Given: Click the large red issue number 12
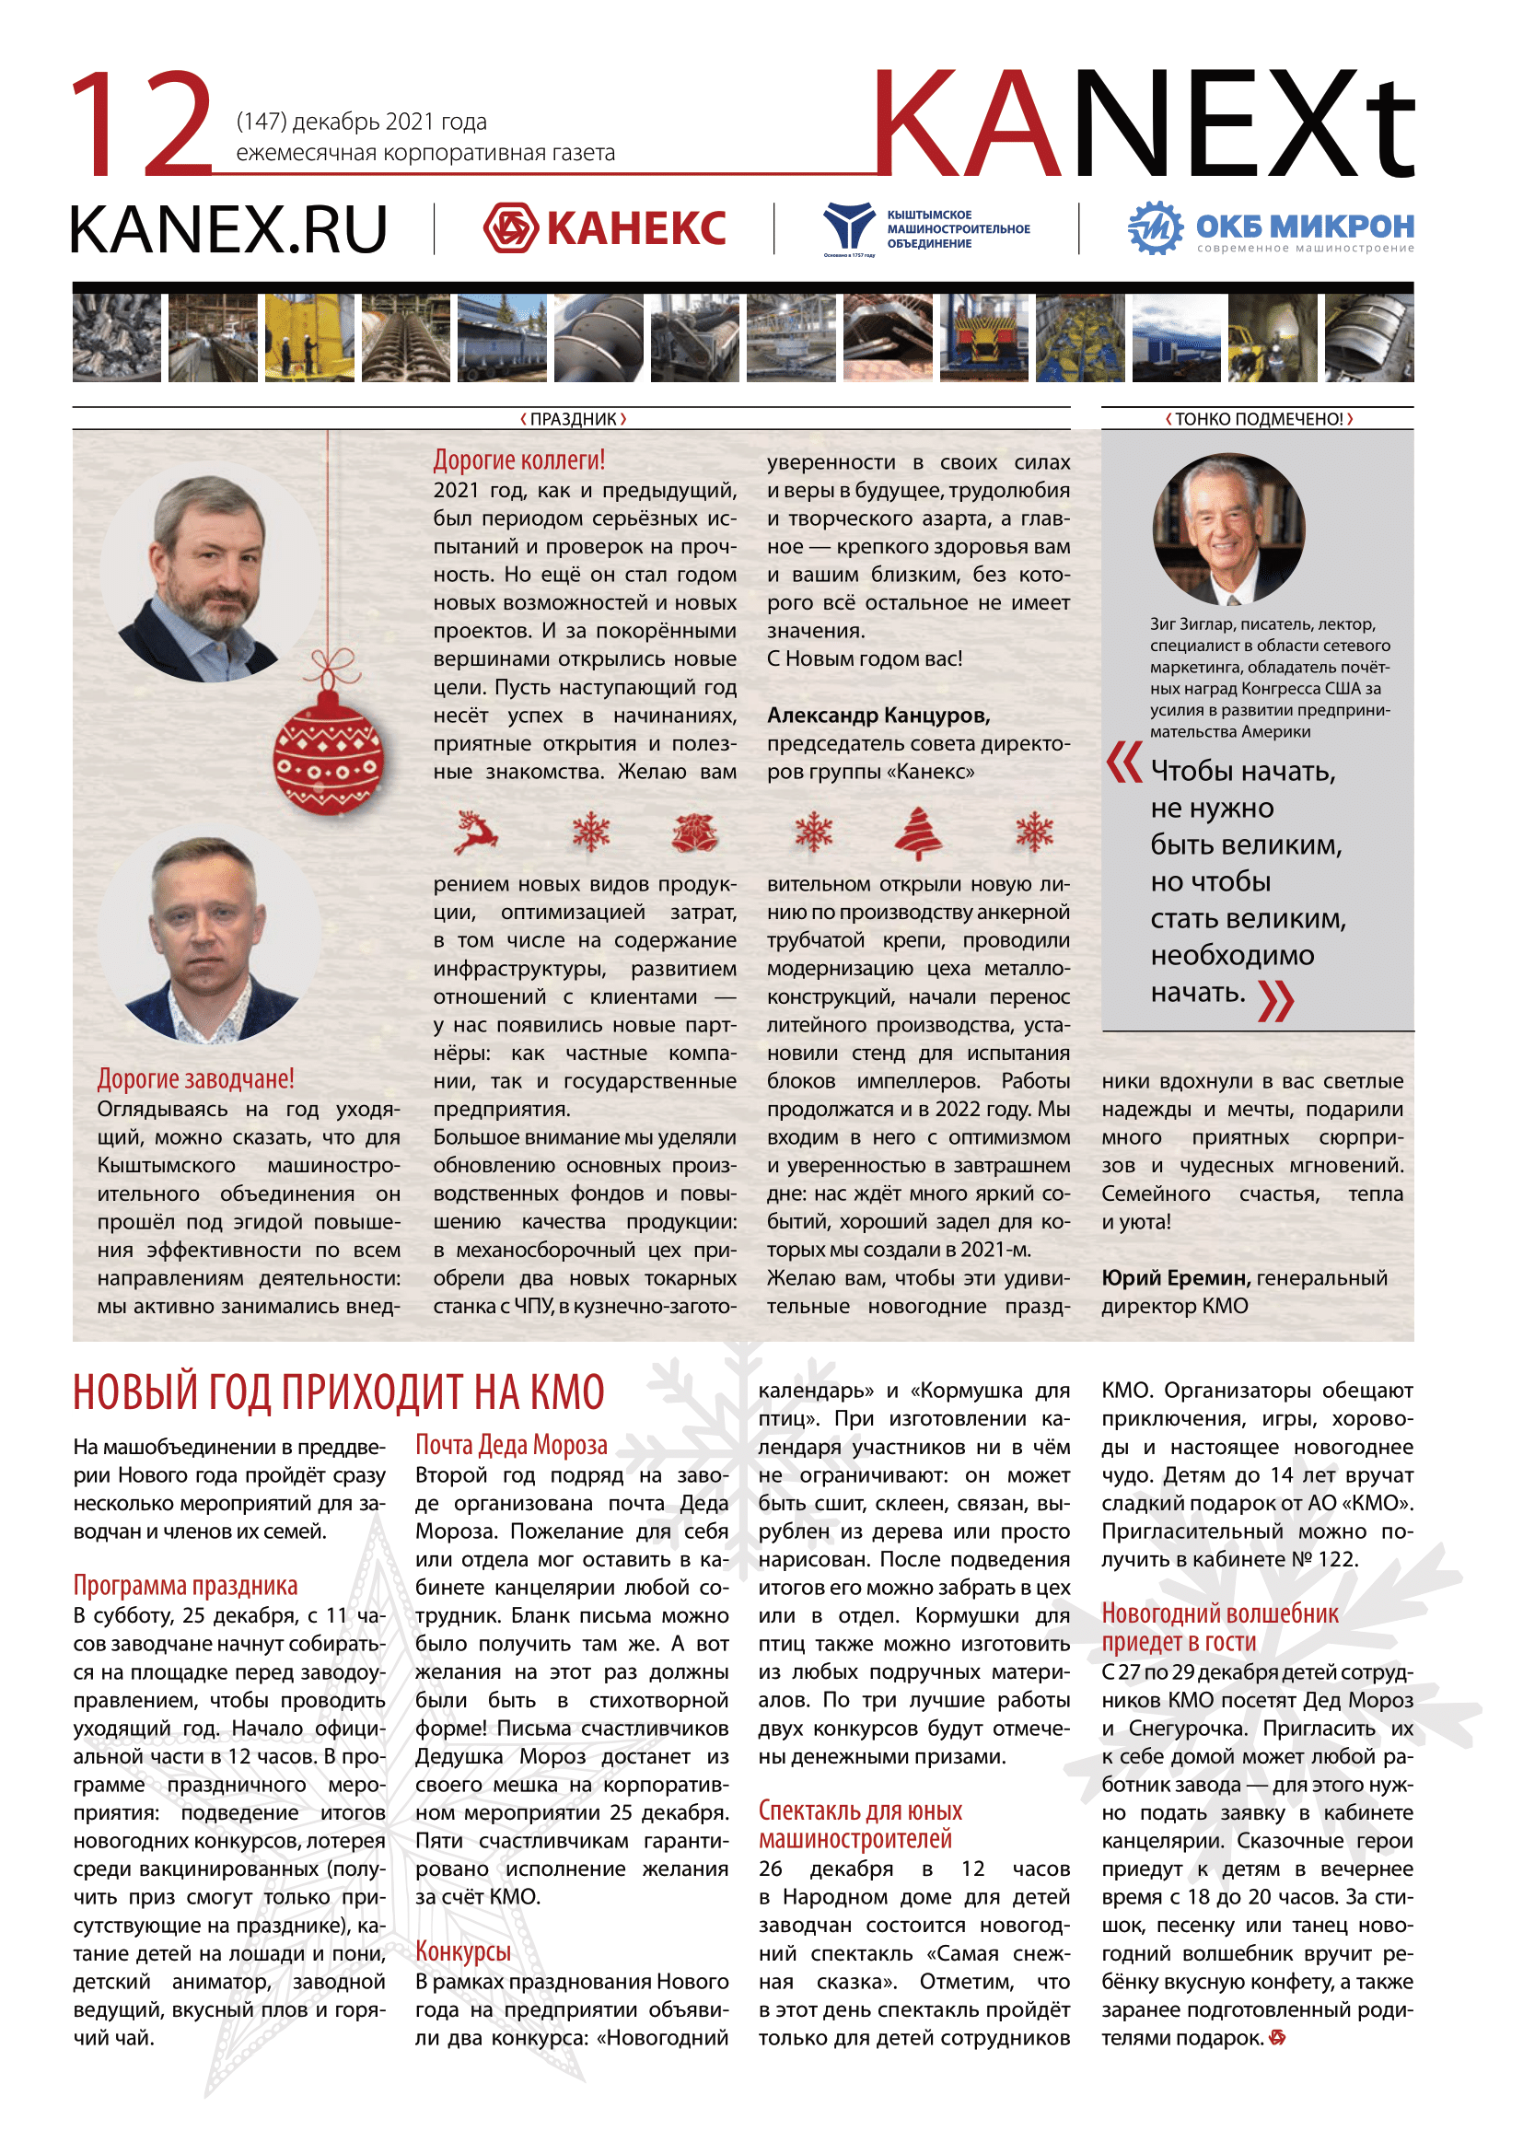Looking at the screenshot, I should pos(143,123).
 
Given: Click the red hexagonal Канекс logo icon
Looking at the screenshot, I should pos(510,228).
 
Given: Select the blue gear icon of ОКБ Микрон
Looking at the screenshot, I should pos(1156,228).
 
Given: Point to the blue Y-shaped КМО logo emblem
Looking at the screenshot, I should pos(848,227).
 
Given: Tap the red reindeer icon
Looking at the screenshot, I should pos(475,832).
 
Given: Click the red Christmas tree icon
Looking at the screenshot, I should pos(918,833).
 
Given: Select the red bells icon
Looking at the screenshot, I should pos(695,832).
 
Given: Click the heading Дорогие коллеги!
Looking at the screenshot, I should pos(518,460).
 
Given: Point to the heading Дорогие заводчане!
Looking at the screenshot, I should pos(195,1079).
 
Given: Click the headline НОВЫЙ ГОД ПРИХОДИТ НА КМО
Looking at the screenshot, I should pos(339,1392).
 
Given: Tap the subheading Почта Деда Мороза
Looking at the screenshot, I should pos(511,1445).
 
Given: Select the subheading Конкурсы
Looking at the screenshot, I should pos(463,1951).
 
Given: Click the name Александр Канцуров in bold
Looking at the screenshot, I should pos(878,715).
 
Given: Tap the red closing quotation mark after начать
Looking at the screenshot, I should pos(1275,1000).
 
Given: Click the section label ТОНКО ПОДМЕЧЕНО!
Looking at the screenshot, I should pos(1259,419).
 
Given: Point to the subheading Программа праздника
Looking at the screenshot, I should pos(186,1586).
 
